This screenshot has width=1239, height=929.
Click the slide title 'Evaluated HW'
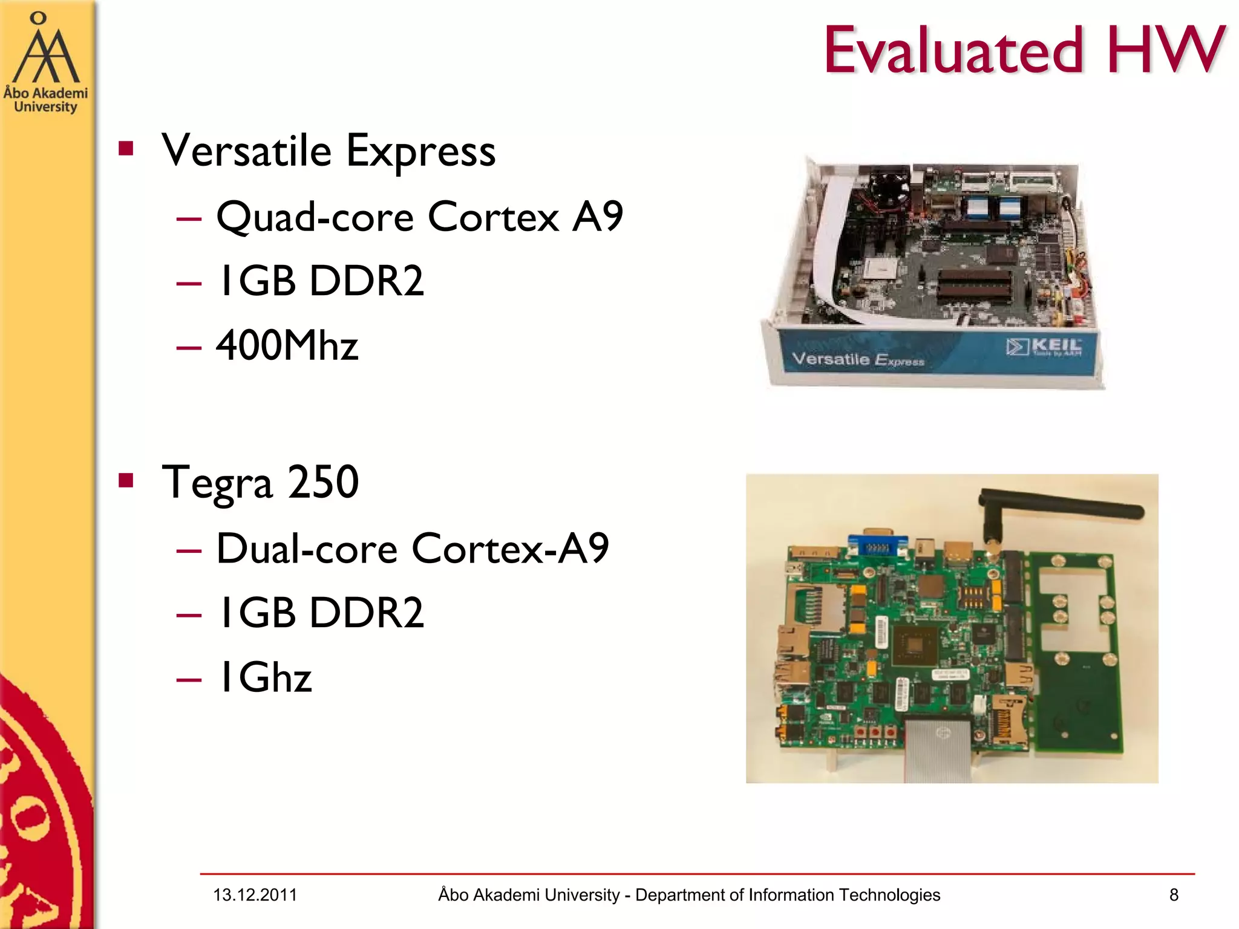click(1024, 51)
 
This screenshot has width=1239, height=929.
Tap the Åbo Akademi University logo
click(45, 64)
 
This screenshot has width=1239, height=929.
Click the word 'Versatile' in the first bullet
click(247, 151)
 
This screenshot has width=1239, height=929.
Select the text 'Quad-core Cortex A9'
click(419, 217)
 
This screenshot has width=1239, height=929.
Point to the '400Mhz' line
click(287, 345)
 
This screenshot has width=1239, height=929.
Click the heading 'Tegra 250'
click(260, 483)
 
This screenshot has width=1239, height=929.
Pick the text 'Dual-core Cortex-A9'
click(412, 549)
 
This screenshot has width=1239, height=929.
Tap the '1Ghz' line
click(265, 677)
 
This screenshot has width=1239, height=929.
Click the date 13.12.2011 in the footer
click(255, 895)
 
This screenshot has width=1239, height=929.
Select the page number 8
click(1174, 895)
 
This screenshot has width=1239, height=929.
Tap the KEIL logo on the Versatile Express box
click(1044, 347)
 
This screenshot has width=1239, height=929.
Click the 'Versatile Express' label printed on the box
click(858, 359)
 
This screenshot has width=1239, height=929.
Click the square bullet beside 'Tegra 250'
click(126, 481)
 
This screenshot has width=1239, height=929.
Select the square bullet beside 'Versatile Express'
click(126, 149)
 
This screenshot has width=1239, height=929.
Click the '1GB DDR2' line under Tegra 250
click(320, 613)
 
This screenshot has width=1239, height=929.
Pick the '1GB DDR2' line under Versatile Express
click(320, 281)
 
